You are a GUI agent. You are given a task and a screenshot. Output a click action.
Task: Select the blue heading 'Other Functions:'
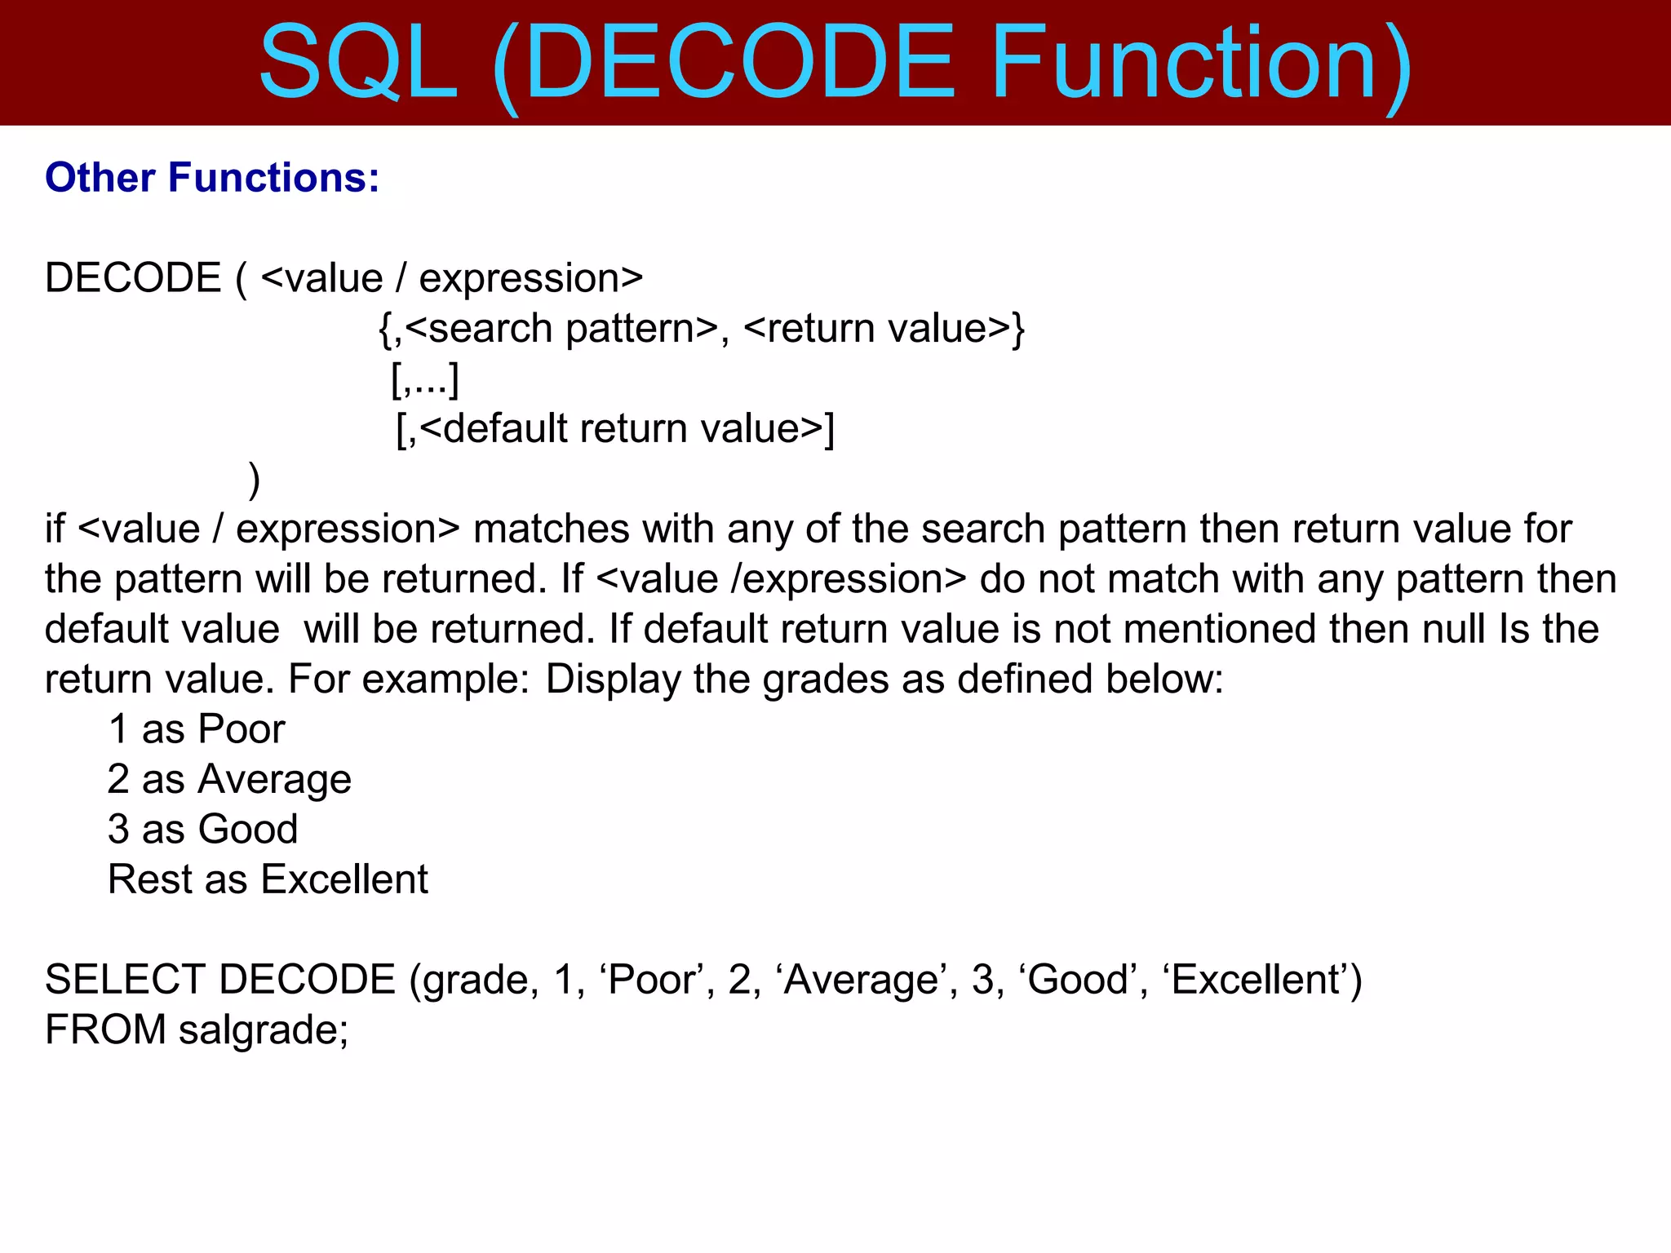[x=212, y=178]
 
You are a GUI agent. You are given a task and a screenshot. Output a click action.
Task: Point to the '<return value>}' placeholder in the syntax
[x=884, y=329]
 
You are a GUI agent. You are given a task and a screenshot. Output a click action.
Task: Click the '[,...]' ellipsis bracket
[x=425, y=379]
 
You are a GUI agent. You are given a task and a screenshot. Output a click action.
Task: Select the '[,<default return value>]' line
[x=615, y=429]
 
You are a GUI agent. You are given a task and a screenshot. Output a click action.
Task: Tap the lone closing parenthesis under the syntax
[x=255, y=480]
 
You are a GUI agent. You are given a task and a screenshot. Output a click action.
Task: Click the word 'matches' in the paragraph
[x=552, y=529]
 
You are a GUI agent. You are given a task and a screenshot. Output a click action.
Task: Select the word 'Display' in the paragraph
[x=613, y=680]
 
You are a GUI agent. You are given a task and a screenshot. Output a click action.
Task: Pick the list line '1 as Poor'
[x=197, y=729]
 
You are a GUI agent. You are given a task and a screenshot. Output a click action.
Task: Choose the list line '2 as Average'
[x=229, y=779]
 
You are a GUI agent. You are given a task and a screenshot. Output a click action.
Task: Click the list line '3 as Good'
[x=203, y=830]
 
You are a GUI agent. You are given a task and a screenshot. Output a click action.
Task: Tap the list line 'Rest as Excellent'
[x=268, y=879]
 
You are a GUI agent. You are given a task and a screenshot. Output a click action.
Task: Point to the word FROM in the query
[x=105, y=1029]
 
